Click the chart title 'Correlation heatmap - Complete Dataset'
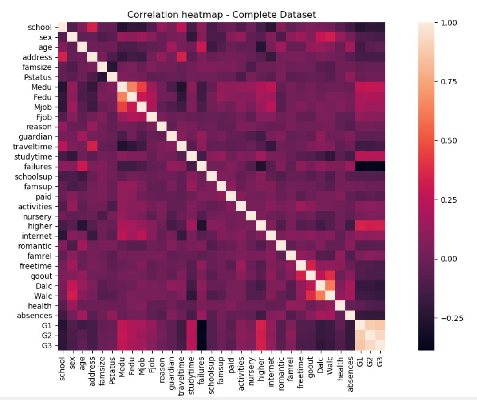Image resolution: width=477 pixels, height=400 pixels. point(221,15)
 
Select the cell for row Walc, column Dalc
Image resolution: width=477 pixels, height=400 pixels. point(323,296)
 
